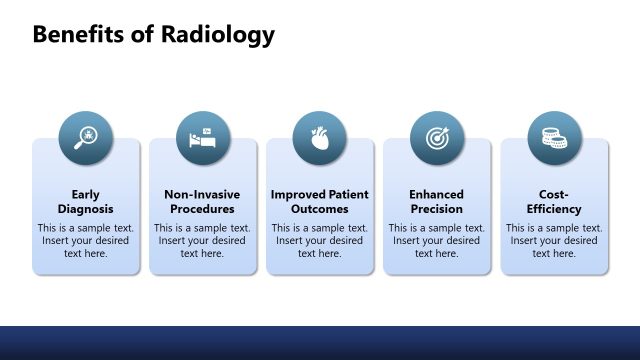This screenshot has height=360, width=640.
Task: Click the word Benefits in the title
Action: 79,35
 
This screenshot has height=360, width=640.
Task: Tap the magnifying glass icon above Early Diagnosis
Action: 85,138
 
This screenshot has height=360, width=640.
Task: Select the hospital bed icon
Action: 203,138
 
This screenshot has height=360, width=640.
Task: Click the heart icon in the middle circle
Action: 320,138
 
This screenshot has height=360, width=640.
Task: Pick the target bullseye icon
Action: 437,138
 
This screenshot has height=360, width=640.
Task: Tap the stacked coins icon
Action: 554,138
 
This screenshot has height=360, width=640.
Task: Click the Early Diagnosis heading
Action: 86,201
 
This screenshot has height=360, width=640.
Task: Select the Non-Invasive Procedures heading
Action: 203,201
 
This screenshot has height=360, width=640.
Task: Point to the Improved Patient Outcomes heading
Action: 320,201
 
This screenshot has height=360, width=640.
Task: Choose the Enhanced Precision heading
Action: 437,201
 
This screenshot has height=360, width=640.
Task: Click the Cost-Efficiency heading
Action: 554,201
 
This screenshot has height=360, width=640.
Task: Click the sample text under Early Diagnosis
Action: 86,240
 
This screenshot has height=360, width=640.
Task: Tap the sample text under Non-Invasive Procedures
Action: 203,240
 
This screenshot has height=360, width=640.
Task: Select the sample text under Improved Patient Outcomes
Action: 320,240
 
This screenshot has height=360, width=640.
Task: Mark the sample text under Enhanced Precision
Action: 437,240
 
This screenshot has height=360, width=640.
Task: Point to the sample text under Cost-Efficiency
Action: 554,240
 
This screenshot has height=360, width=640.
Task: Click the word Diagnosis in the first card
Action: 86,209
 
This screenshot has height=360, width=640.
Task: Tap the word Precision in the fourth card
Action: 437,209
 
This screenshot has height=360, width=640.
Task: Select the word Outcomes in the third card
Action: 320,209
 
